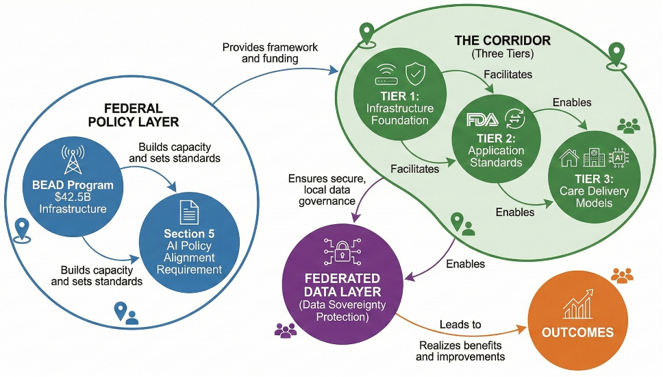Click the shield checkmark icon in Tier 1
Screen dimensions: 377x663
click(x=416, y=73)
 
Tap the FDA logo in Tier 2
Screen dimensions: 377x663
click(x=479, y=120)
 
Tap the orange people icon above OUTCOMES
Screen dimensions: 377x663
click(x=622, y=276)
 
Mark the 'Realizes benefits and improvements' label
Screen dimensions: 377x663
click(x=460, y=350)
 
